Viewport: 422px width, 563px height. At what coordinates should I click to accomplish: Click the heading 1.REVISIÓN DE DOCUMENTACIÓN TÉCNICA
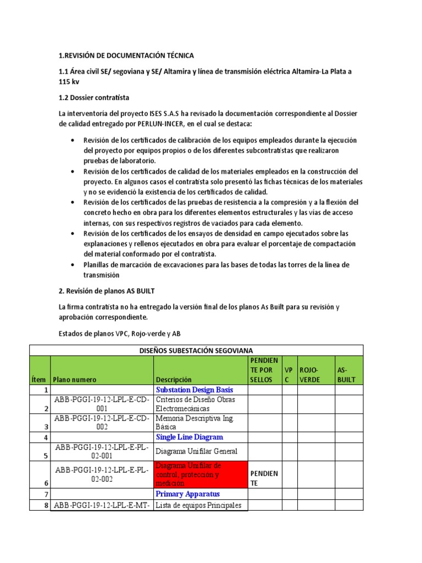pos(126,56)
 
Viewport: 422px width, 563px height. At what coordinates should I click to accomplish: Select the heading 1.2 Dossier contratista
pos(94,97)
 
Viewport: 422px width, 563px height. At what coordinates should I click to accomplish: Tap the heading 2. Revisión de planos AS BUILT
pos(110,291)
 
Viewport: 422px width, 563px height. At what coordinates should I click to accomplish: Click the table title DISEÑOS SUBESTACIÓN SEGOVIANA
pos(196,350)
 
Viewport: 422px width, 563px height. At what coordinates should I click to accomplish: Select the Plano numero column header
pos(74,379)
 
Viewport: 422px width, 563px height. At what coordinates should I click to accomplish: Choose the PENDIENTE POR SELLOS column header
pos(264,369)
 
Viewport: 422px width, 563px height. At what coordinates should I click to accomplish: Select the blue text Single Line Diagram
pos(190,437)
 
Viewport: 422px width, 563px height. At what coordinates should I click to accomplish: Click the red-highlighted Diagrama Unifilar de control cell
pos(201,474)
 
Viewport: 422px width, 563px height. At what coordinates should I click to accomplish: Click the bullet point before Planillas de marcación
pos(74,265)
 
